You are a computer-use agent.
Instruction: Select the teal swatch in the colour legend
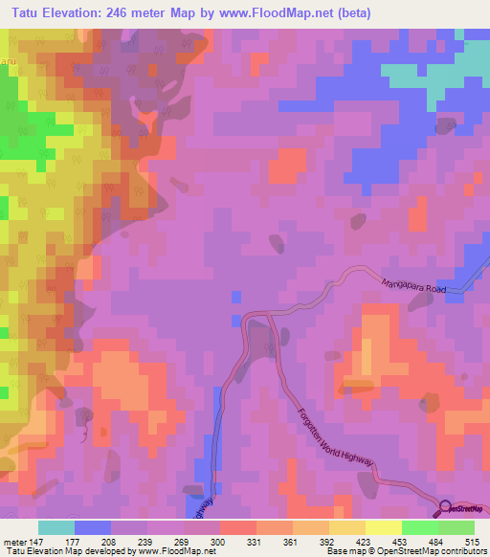(56, 527)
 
